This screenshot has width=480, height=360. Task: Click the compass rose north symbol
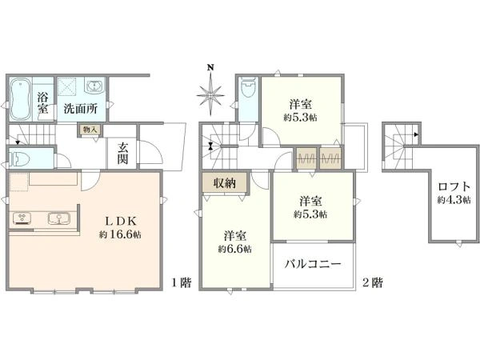pos(210,90)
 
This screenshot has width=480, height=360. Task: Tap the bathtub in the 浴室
pos(20,98)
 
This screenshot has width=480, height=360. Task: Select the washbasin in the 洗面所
pos(94,86)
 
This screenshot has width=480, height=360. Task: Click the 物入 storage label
pos(90,130)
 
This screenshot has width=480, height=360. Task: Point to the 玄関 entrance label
pos(122,153)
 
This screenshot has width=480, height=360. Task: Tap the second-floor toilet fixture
pos(248,87)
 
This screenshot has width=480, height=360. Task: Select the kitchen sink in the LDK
pos(58,218)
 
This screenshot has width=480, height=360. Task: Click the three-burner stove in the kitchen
pos(22,218)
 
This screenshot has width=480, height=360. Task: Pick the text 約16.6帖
pos(120,234)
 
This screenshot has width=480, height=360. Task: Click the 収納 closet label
pos(224,183)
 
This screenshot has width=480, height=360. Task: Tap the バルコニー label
pos(313,263)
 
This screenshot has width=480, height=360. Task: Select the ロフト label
pos(454,186)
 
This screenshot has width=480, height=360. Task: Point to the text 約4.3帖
pos(454,200)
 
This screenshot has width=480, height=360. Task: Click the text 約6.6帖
pos(234,249)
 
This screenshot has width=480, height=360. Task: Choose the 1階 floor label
pos(181,282)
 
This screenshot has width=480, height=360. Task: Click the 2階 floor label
pos(373,282)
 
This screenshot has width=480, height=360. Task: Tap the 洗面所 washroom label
pos(81,109)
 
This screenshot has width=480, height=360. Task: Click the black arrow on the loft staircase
pos(416,134)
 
